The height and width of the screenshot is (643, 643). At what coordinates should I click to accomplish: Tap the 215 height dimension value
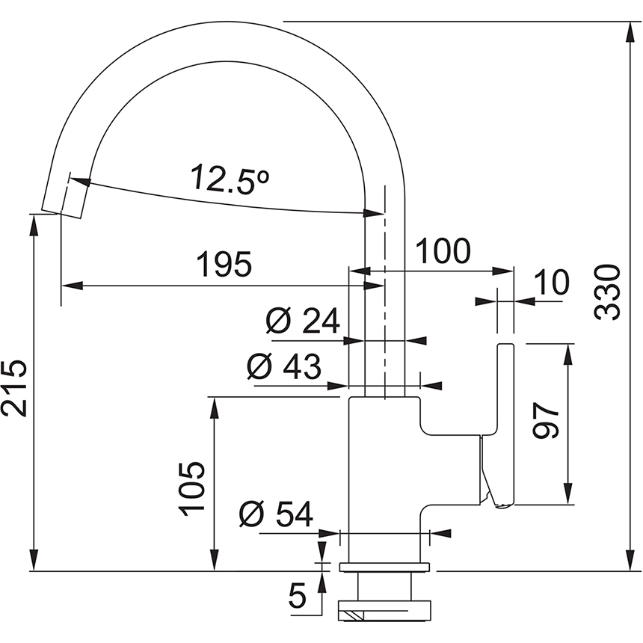(15, 388)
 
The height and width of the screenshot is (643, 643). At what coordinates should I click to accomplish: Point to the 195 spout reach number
(224, 265)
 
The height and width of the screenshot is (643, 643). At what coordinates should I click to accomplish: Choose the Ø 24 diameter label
(303, 322)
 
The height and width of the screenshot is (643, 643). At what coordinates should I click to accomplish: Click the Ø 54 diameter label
(276, 514)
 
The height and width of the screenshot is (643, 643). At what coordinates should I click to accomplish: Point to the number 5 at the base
(298, 596)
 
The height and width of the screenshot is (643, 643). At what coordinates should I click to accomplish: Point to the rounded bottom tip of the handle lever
(501, 505)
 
